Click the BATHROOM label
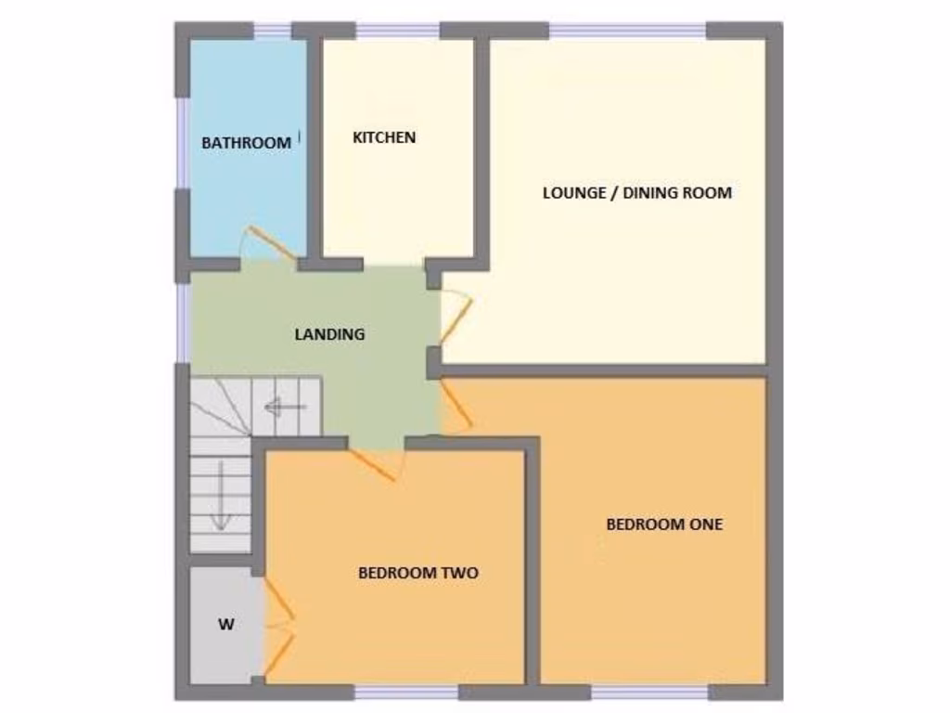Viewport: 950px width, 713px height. tap(246, 143)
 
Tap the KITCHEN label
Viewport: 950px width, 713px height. tap(384, 137)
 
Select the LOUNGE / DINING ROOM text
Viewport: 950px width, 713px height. tap(636, 193)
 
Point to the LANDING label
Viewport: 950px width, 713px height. tap(329, 334)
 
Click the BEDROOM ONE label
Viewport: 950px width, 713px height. tap(664, 524)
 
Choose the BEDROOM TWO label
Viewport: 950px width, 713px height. tap(418, 573)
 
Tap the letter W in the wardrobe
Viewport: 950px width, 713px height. tap(226, 625)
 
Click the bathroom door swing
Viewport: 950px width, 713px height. tap(269, 243)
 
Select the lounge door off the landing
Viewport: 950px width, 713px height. tap(456, 316)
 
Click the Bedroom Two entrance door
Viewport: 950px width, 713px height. tap(376, 464)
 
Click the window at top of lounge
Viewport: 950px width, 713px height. tap(627, 31)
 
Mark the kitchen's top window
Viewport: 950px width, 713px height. tap(398, 31)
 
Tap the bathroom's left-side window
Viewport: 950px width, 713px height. tap(183, 143)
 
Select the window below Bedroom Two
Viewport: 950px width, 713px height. tap(406, 692)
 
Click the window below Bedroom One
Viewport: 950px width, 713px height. tap(649, 692)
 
